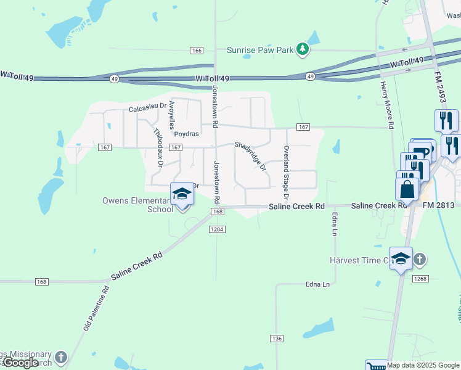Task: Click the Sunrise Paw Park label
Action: pos(259,50)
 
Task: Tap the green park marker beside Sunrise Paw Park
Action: pos(302,49)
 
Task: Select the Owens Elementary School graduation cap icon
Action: pos(182,194)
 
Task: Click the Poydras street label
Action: pos(186,133)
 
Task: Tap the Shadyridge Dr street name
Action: pos(250,157)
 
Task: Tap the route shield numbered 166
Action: pos(197,51)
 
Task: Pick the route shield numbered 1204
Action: pos(216,229)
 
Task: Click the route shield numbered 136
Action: pos(277,339)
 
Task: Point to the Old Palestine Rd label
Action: pos(96,308)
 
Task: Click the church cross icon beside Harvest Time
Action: pos(419,259)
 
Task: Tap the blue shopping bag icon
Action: pos(407,189)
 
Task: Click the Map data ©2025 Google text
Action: pos(424,365)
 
